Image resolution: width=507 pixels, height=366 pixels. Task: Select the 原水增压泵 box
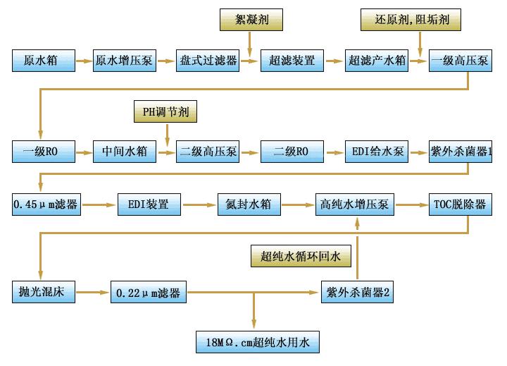point(125,61)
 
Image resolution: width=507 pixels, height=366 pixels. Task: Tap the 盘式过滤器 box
point(208,61)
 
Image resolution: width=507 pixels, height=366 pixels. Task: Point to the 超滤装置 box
point(292,61)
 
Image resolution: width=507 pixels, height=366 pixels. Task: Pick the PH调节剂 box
point(166,111)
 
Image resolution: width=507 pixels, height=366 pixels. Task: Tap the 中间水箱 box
point(125,152)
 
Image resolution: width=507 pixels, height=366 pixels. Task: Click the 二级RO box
point(292,152)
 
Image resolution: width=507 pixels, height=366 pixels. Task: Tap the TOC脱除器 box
point(458,206)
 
